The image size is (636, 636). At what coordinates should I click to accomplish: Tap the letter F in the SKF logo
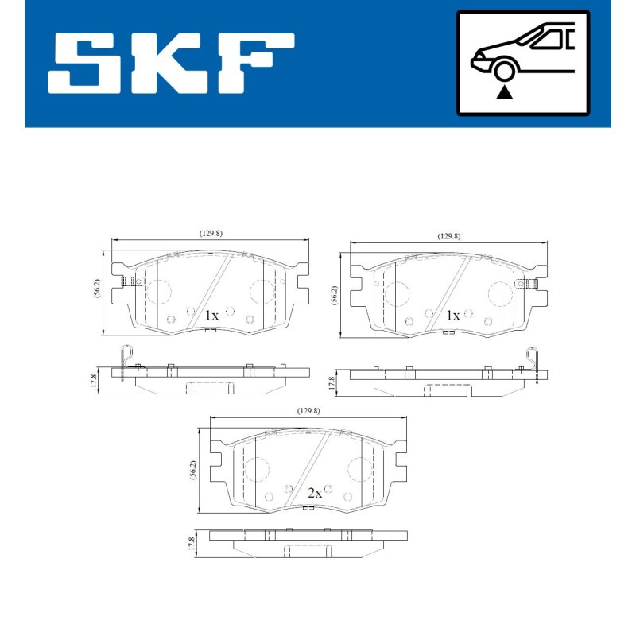pyautogui.click(x=254, y=64)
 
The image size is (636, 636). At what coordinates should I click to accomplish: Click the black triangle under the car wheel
pyautogui.click(x=504, y=92)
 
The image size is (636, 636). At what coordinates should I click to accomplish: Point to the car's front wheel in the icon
pyautogui.click(x=504, y=71)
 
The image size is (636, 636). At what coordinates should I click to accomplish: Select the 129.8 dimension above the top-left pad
pyautogui.click(x=211, y=234)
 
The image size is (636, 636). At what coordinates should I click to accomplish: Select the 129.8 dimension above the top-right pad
pyautogui.click(x=449, y=236)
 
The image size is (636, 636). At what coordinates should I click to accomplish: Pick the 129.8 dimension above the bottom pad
pyautogui.click(x=308, y=411)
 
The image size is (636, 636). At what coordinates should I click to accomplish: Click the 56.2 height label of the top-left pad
pyautogui.click(x=96, y=289)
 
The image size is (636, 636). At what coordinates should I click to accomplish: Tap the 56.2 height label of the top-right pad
pyautogui.click(x=335, y=295)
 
